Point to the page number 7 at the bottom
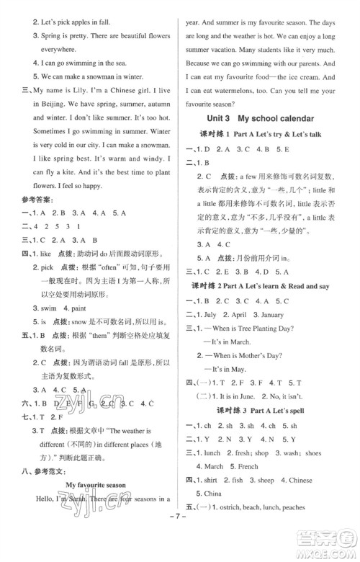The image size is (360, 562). (179, 542)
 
